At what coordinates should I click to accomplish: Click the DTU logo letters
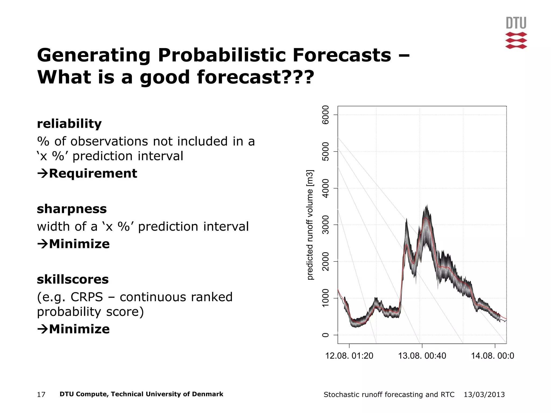click(516, 23)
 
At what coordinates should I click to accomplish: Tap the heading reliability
click(69, 124)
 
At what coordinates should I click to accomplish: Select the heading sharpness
click(72, 209)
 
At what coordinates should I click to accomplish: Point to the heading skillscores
click(73, 279)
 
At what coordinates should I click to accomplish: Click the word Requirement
click(93, 173)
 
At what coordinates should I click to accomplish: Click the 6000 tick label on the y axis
click(326, 115)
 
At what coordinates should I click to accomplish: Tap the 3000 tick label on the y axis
click(326, 225)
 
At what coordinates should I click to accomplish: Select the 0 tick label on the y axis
click(326, 335)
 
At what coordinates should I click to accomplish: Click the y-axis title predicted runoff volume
click(310, 225)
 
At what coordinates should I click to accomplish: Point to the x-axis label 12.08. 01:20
click(349, 356)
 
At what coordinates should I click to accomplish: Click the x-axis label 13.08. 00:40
click(422, 356)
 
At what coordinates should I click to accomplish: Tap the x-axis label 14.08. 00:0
click(492, 356)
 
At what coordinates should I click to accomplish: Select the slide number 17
click(41, 394)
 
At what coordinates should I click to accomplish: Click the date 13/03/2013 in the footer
click(484, 394)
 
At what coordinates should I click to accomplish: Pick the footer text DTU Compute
click(83, 394)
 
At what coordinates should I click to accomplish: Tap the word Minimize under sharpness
click(79, 244)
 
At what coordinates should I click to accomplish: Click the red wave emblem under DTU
click(516, 41)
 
